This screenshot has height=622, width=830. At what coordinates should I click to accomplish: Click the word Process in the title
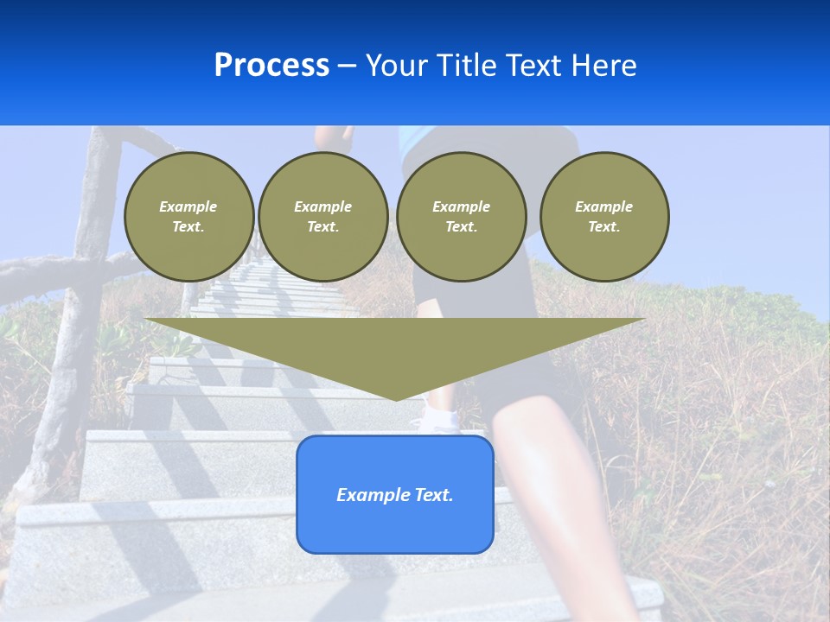tap(271, 66)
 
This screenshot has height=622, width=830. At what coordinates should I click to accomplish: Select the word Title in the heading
tap(468, 66)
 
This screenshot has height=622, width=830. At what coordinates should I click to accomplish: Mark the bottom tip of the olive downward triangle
tap(396, 399)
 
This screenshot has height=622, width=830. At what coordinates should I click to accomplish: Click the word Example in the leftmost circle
tap(188, 207)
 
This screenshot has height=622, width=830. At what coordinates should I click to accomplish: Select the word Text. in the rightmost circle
tap(604, 227)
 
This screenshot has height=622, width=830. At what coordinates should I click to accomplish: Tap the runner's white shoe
tap(439, 422)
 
